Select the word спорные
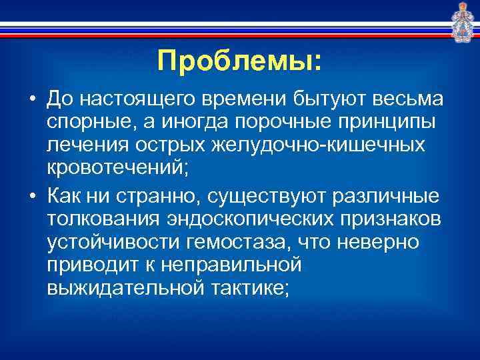pos(89,124)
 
